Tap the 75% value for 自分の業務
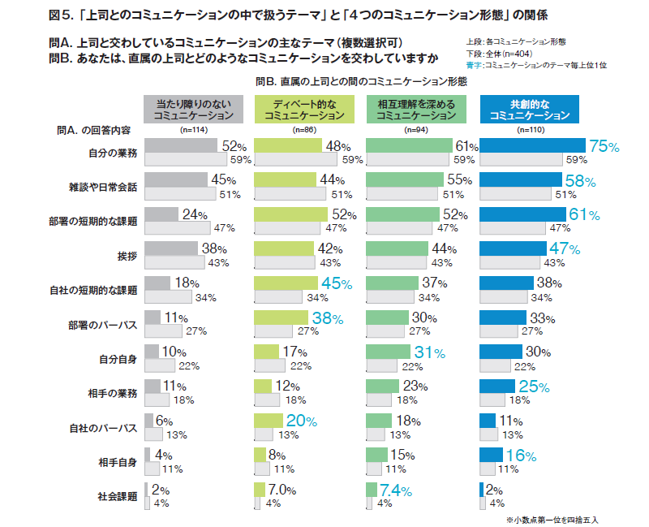(604, 147)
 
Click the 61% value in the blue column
(583, 215)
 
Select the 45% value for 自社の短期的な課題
(336, 284)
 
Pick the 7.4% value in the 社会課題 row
(395, 490)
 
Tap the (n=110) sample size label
(530, 130)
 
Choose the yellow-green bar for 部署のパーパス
(280, 317)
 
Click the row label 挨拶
(127, 255)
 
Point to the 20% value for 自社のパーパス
(301, 421)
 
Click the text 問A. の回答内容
(94, 130)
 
